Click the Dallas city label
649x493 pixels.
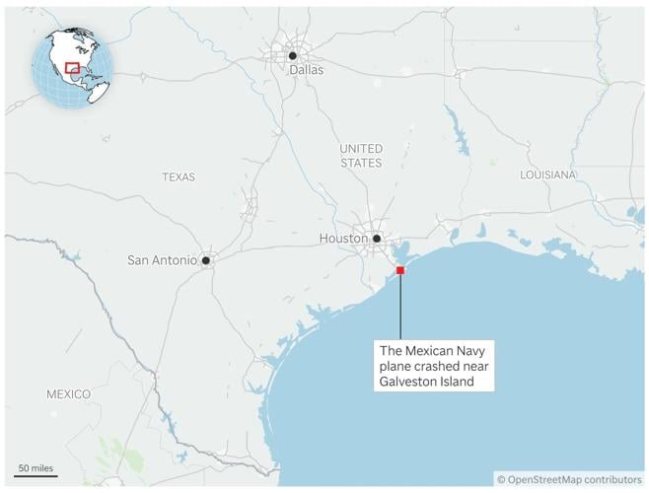(306, 70)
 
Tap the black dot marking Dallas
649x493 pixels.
(293, 56)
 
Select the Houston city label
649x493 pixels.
(343, 239)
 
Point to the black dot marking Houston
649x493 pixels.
(377, 238)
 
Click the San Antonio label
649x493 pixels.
(162, 260)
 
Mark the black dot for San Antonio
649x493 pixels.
(206, 260)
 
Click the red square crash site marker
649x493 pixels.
(400, 270)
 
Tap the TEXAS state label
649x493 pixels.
(179, 177)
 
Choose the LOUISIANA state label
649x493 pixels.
(547, 175)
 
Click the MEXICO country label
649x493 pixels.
(68, 394)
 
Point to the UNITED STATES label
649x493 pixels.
(361, 155)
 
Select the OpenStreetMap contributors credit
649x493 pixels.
(575, 479)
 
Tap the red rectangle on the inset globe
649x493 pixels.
(72, 68)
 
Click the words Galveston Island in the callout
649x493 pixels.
(429, 382)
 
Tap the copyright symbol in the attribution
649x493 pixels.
(501, 479)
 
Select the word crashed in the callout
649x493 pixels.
(437, 366)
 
